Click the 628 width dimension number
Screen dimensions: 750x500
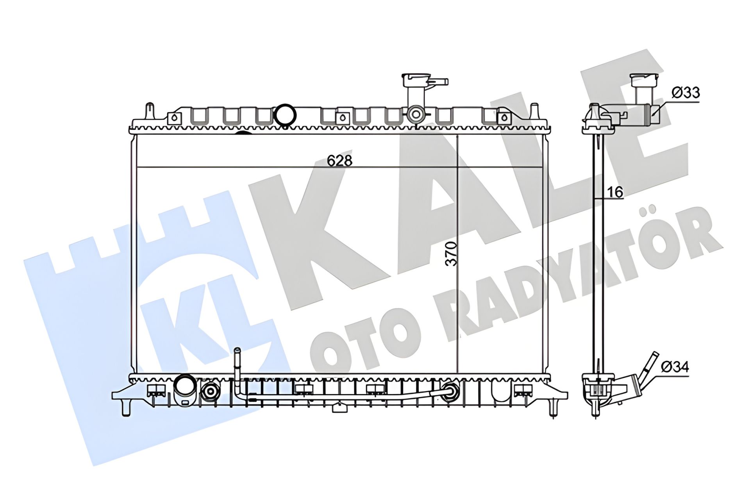(339, 161)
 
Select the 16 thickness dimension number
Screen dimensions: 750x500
(615, 192)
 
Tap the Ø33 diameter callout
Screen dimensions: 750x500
(686, 93)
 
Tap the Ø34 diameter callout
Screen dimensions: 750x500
(675, 367)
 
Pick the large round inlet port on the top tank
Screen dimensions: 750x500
(285, 114)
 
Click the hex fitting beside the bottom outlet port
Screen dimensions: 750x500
(211, 391)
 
